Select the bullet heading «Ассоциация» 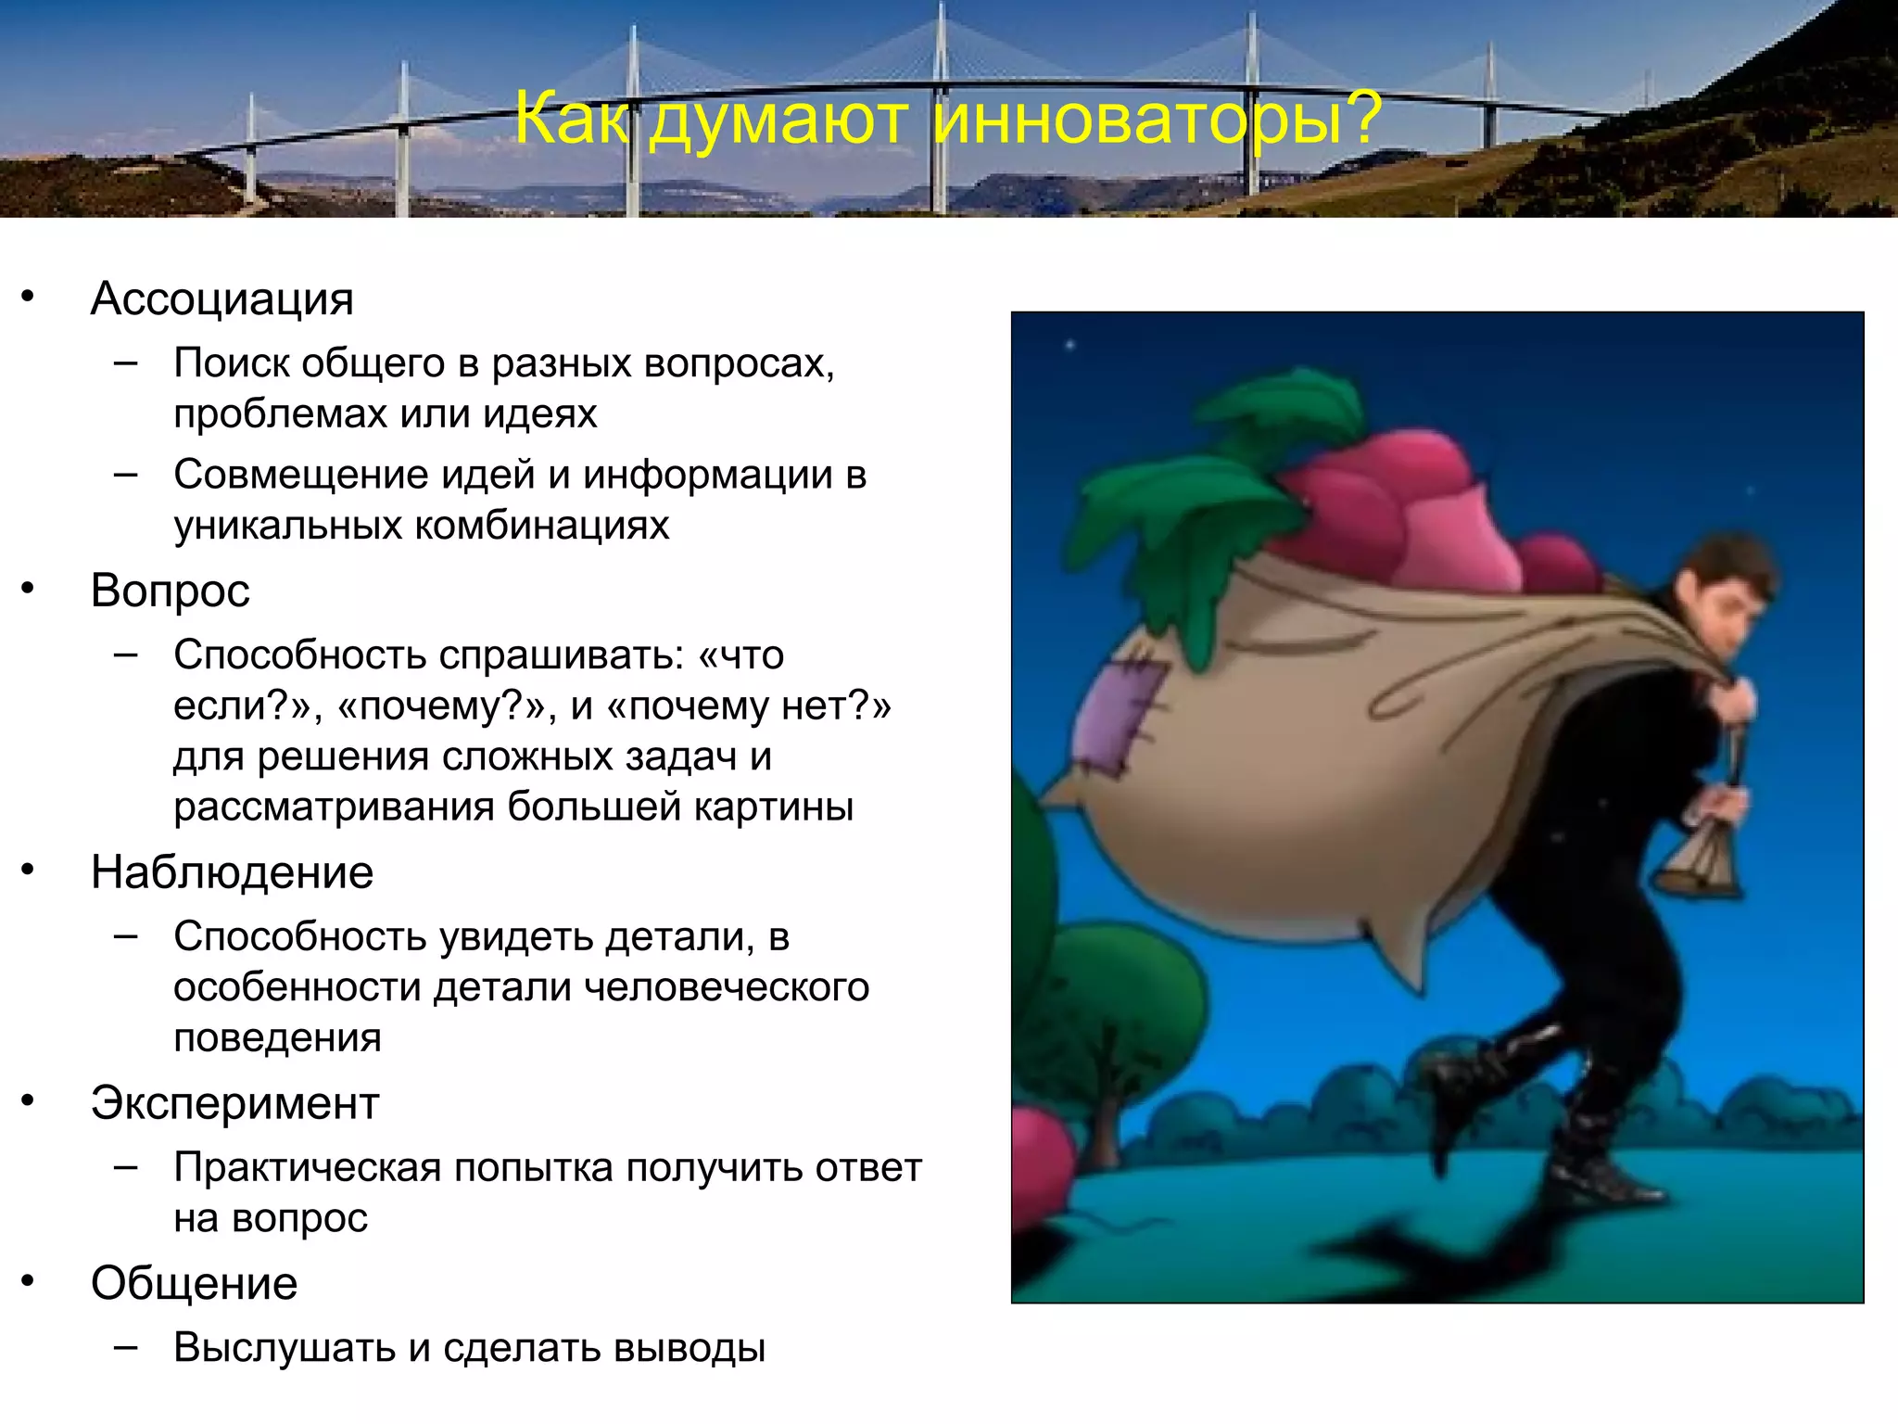click(x=222, y=299)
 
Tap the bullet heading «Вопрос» click(x=171, y=591)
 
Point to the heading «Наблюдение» click(x=232, y=872)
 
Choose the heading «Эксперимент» click(x=235, y=1103)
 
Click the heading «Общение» click(x=195, y=1283)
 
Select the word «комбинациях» click(x=541, y=526)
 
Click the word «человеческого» click(x=727, y=986)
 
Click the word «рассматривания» click(x=334, y=807)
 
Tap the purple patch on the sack click(x=1123, y=714)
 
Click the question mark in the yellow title click(x=1363, y=119)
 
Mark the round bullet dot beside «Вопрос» click(x=28, y=589)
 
